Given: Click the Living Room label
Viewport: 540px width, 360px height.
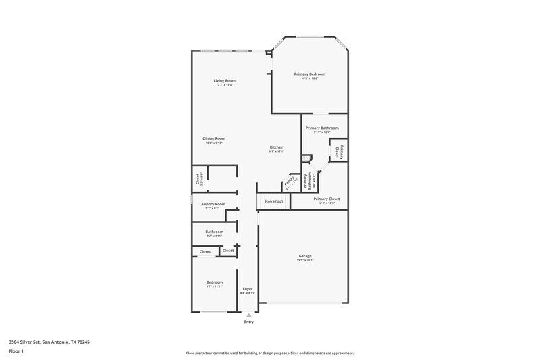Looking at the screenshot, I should click(225, 80).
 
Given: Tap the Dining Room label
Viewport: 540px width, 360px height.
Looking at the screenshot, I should click(214, 138).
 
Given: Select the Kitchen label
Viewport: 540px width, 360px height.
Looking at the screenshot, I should click(277, 147).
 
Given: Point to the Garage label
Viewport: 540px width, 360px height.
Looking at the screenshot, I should click(305, 255).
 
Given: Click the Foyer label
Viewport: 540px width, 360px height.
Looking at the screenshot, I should click(248, 288).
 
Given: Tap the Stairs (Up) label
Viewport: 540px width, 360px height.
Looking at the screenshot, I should click(273, 201).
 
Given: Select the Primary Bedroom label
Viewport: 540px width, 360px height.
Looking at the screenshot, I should click(309, 74).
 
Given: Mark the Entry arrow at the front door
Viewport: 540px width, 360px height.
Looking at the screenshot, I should click(249, 314).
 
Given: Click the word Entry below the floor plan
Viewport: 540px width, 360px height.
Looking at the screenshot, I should click(249, 322).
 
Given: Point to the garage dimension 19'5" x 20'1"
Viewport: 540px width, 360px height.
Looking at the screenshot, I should click(305, 260).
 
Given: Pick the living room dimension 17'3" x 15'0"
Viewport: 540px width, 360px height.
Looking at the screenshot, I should click(225, 85).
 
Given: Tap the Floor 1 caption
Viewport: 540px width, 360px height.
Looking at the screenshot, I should click(17, 352).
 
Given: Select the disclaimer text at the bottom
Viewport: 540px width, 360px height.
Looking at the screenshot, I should click(270, 353).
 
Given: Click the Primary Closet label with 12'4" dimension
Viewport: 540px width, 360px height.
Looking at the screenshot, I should click(327, 199).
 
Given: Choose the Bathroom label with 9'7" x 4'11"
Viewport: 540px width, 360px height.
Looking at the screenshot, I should click(214, 232).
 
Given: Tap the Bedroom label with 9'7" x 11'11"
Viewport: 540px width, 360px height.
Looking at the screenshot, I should click(214, 282).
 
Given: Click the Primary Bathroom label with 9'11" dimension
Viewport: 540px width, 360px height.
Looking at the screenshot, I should click(321, 128).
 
